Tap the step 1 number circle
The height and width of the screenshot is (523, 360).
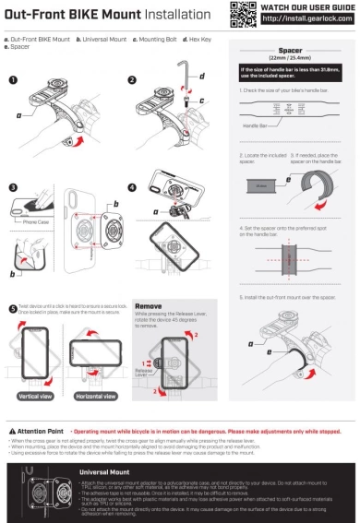[13, 80]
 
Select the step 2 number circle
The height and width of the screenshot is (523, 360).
[132, 80]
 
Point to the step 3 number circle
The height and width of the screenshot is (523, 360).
[13, 187]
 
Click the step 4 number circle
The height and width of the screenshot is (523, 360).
[132, 187]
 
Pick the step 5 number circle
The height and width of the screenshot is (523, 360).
[12, 308]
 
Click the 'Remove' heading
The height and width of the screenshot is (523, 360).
[148, 305]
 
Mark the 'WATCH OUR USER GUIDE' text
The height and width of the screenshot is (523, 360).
[306, 6]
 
